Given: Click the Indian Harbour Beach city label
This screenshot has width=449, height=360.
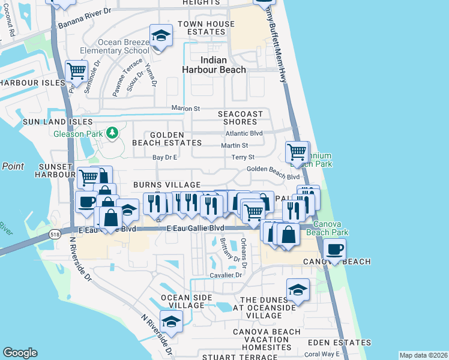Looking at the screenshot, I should [x=214, y=65].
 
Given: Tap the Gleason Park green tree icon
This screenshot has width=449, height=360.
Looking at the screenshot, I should [x=111, y=133].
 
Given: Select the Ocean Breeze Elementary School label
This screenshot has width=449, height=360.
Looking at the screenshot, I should [x=119, y=47].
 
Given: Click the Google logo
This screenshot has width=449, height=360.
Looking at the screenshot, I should [x=20, y=353].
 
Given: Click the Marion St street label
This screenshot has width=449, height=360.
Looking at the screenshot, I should [x=185, y=109].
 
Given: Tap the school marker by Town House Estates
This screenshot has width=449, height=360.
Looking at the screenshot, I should [x=160, y=36].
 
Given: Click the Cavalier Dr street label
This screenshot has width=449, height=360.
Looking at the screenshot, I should [x=226, y=275].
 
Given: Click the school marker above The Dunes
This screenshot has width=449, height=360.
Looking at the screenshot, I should [x=298, y=289].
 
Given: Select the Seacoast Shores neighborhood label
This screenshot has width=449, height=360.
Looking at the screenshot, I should [x=241, y=118].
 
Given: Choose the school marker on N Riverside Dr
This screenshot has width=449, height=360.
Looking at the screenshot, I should [x=171, y=322].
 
